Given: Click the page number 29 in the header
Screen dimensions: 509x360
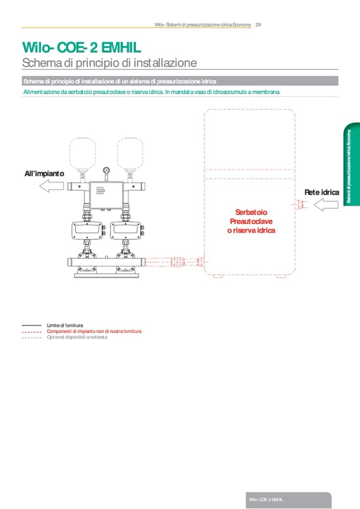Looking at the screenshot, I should point(258,24).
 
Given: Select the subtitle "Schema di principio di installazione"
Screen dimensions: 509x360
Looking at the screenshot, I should point(109,63).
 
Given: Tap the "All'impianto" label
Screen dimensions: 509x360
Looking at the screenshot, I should point(45,174).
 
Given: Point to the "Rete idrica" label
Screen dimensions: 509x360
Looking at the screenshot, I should point(321,192).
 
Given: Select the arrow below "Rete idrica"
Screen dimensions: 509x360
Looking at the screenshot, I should point(326,204).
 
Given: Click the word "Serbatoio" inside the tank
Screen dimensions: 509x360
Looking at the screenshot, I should point(251,212).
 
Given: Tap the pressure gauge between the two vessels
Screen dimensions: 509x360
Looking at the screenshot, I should point(106,171).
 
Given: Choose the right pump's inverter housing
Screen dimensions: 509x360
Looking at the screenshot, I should point(127,230).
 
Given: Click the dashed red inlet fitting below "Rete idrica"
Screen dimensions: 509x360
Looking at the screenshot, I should point(303,204).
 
